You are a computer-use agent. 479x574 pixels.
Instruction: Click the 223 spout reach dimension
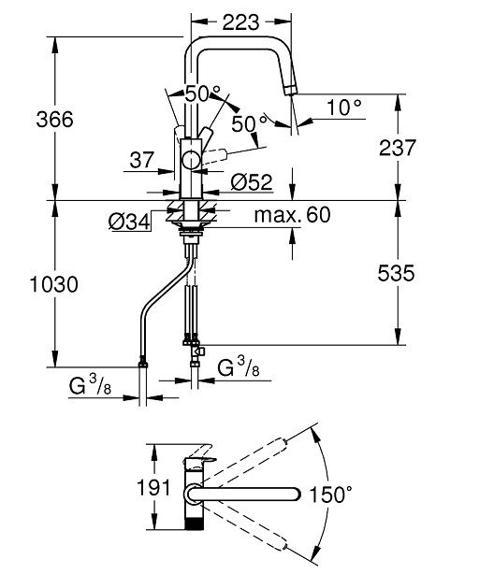point(240,22)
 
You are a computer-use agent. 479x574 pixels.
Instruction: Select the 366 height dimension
point(55,120)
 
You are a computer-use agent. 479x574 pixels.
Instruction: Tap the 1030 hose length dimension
point(54,284)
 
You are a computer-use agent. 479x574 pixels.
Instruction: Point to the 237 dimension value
point(398,148)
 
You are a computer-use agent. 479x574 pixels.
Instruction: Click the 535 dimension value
point(397,273)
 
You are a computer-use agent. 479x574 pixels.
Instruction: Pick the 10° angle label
point(344,108)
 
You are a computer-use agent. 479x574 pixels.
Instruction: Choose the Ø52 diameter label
point(252,182)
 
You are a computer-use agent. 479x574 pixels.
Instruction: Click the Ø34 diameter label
point(130,222)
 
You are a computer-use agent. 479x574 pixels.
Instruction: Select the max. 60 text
point(292,215)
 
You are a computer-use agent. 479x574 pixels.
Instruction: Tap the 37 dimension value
point(142,160)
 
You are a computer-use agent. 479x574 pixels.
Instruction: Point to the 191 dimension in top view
point(153,488)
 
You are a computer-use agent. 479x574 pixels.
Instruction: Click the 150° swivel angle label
point(331,495)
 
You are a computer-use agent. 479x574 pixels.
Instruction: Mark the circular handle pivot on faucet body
point(191,161)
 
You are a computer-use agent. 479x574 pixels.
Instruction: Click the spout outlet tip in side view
point(290,90)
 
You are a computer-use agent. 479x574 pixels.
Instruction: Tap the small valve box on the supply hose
point(199,352)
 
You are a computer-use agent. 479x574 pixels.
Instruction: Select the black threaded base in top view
point(194,524)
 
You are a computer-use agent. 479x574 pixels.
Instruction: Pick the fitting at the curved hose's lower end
point(143,363)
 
